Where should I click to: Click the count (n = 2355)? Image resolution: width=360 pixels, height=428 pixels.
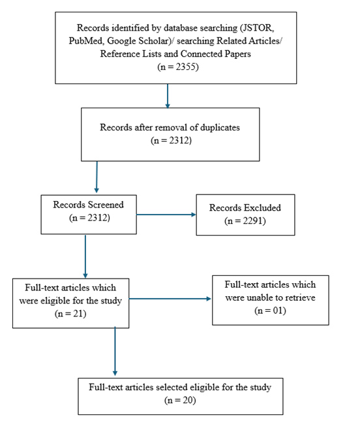pyautogui.click(x=168, y=66)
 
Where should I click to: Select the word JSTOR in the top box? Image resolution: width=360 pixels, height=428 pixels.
pyautogui.click(x=255, y=29)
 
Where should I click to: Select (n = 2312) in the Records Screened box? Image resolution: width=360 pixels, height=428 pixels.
pyautogui.click(x=89, y=217)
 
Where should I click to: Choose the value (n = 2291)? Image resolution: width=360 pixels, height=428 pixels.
pyautogui.click(x=245, y=221)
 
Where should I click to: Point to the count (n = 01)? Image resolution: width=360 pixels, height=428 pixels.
pyautogui.click(x=270, y=309)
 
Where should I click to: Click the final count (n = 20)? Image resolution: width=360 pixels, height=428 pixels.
pyautogui.click(x=179, y=399)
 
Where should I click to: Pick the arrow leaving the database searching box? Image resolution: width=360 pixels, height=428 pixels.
pyautogui.click(x=168, y=96)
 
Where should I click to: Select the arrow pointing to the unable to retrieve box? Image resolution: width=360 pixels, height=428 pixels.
pyautogui.click(x=173, y=299)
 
